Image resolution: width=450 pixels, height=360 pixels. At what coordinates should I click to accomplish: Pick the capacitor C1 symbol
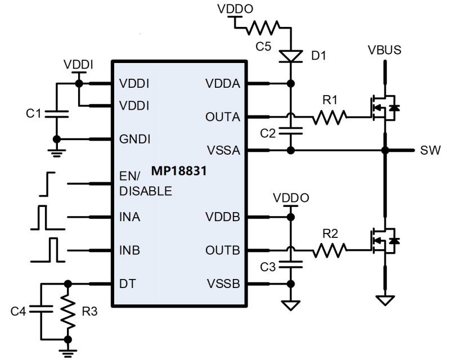[x=56, y=113]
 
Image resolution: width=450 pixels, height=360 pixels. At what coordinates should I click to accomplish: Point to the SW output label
[x=427, y=151]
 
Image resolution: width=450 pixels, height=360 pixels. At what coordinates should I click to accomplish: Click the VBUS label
[x=385, y=50]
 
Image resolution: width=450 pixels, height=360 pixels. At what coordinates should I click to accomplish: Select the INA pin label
[x=130, y=217]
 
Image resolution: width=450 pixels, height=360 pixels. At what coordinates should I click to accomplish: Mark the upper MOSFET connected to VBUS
[x=382, y=107]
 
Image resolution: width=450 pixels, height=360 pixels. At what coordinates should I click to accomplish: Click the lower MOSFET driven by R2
[x=382, y=241]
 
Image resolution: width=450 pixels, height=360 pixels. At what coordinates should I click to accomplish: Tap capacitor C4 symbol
[x=41, y=310]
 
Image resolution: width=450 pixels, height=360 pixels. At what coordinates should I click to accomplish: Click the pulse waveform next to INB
[x=49, y=250]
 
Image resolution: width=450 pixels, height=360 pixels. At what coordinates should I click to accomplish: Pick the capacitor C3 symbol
[x=290, y=262]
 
